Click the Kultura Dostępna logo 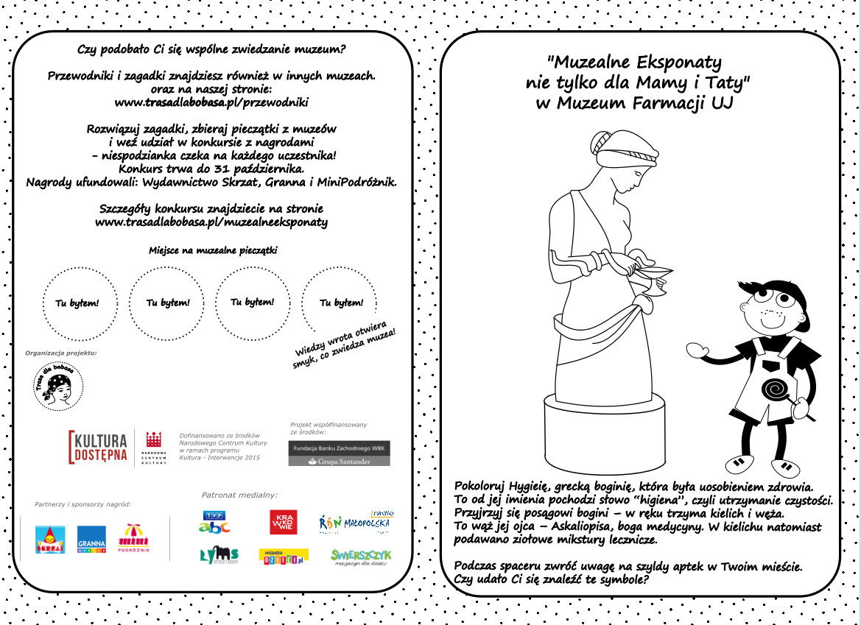tap(98, 447)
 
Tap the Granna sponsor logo tap(91, 540)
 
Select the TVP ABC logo tap(214, 521)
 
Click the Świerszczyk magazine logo tap(361, 557)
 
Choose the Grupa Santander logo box tap(339, 454)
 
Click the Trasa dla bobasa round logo tap(59, 387)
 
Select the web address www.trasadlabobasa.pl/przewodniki tap(211, 102)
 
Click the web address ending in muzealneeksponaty tap(211, 221)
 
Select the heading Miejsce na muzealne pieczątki tap(213, 250)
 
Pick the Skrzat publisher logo tap(50, 540)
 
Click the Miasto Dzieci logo tap(283, 557)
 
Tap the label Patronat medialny tap(239, 495)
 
